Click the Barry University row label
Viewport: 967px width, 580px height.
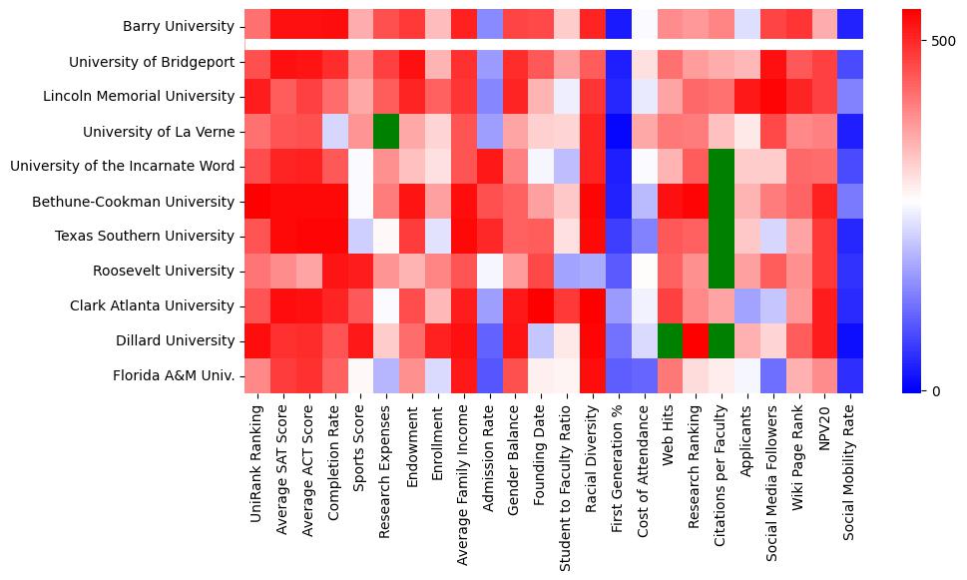(179, 27)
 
